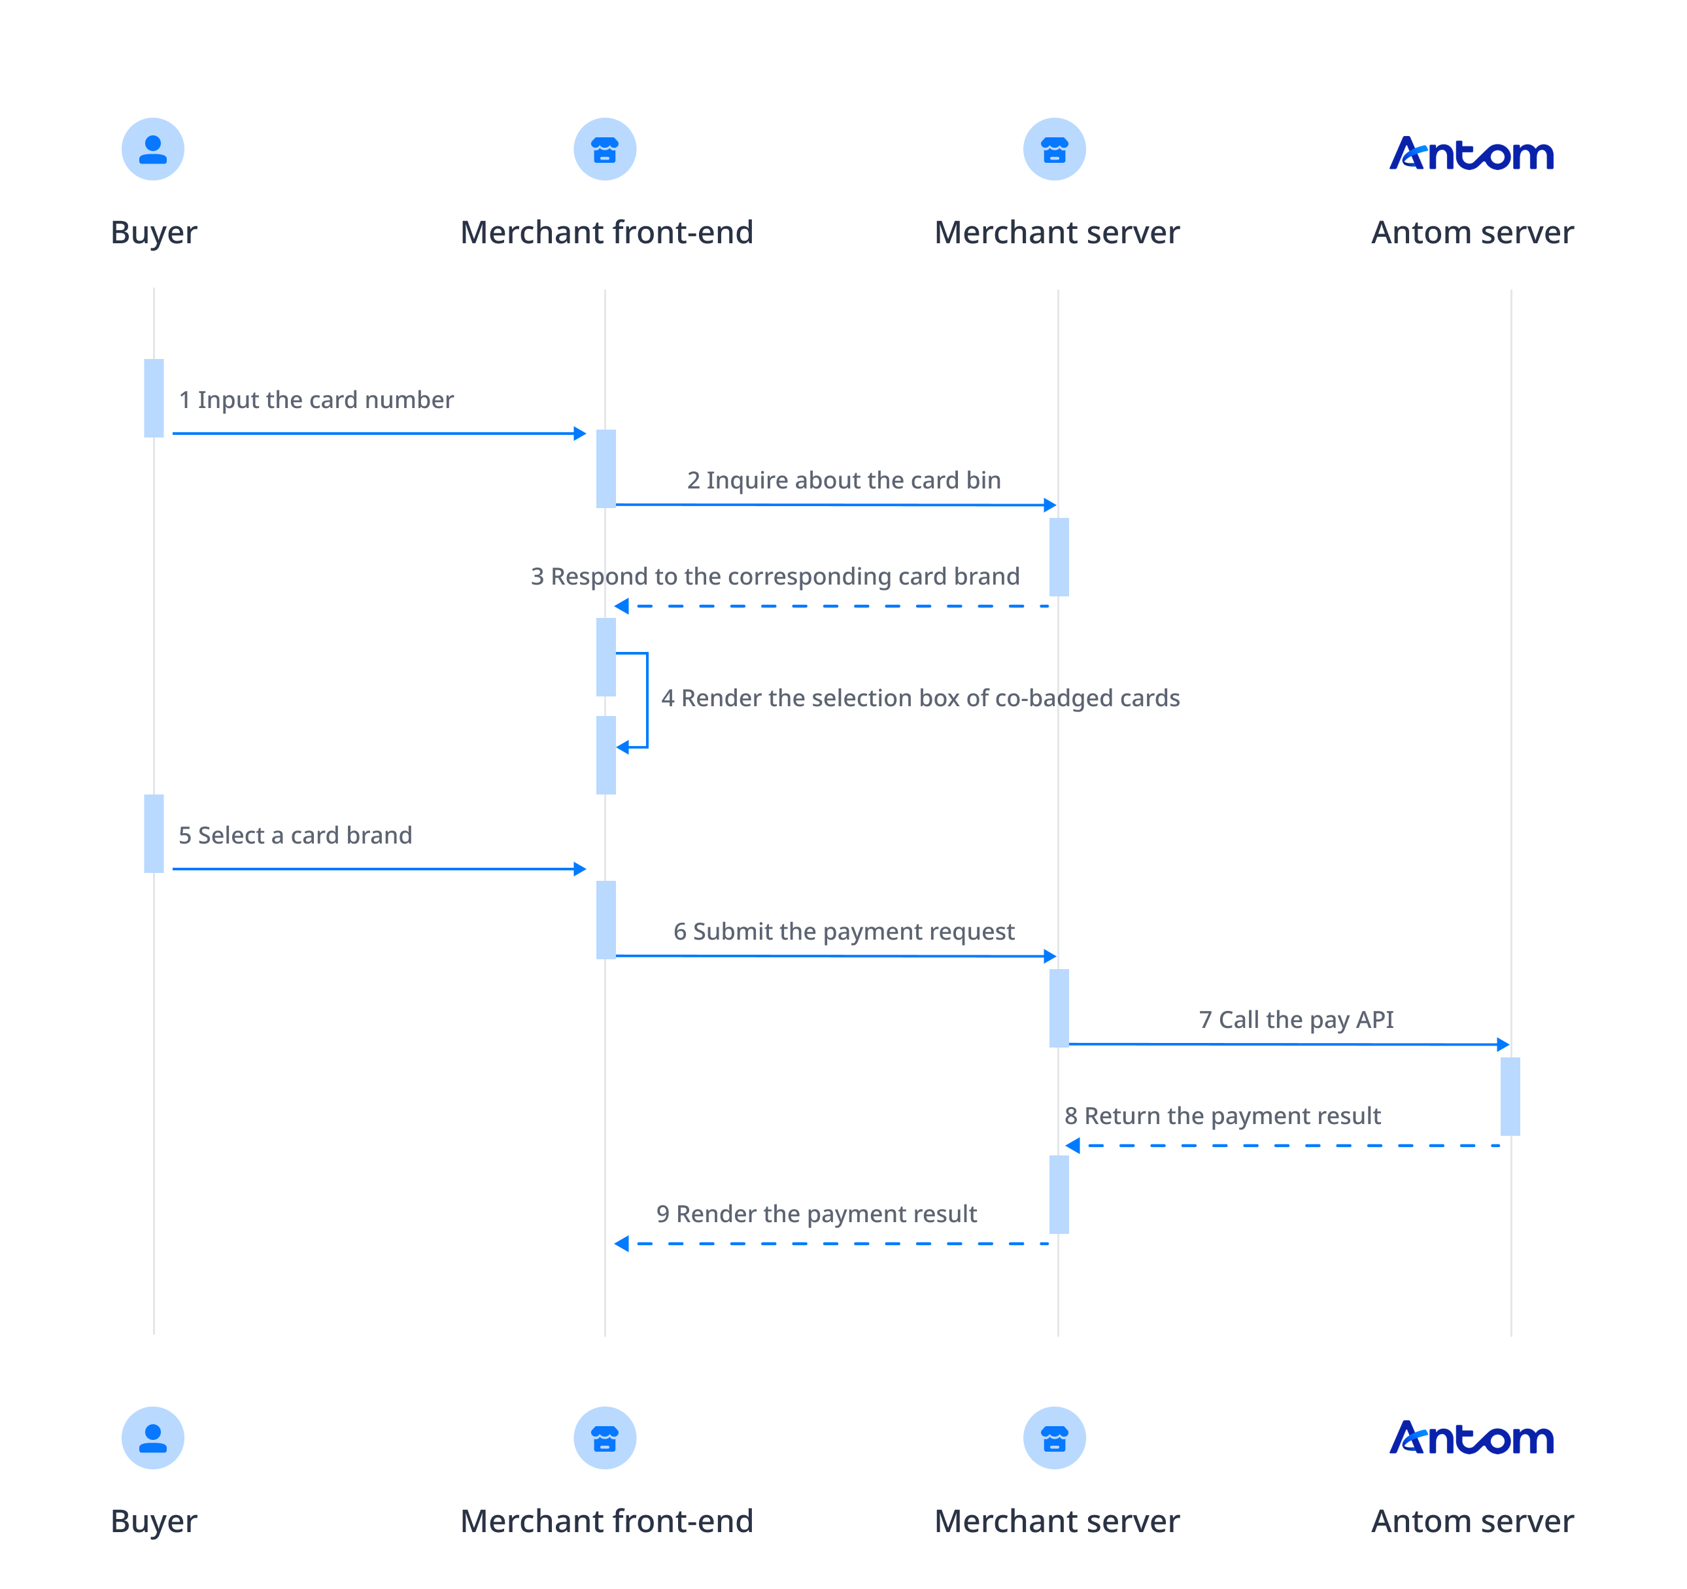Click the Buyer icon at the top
point(153,149)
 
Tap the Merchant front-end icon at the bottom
point(604,1438)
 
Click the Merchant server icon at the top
point(1054,149)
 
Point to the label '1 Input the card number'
point(316,400)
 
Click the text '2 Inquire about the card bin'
point(843,481)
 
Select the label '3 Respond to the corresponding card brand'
point(775,576)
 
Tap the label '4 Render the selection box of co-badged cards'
point(920,698)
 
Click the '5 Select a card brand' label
point(296,835)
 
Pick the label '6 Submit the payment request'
point(843,931)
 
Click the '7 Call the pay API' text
point(1296,1019)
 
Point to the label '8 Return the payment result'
point(1222,1116)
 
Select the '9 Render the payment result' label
point(816,1214)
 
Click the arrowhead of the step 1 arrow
point(581,434)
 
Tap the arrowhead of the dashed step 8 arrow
point(1072,1146)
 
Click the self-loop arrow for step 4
point(647,700)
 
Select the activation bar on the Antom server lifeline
point(1510,1096)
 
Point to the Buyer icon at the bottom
point(153,1438)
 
